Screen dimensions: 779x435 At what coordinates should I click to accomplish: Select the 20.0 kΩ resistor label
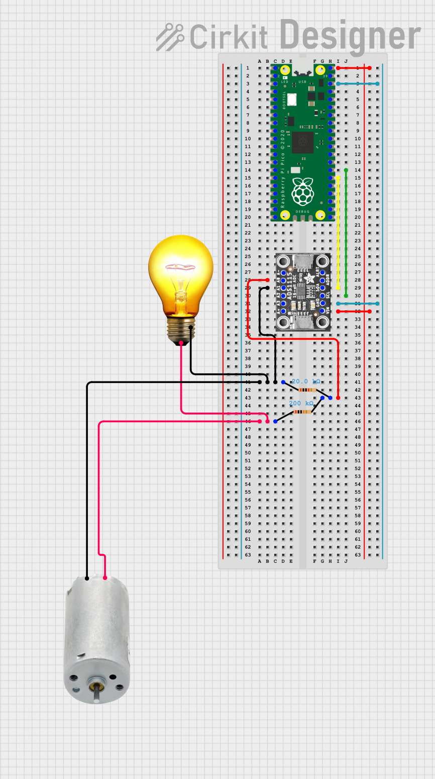[306, 382]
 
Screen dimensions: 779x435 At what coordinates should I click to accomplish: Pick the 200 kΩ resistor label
[301, 404]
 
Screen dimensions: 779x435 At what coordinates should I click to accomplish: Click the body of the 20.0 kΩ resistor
[307, 390]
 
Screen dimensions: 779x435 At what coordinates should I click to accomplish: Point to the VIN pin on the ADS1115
[322, 311]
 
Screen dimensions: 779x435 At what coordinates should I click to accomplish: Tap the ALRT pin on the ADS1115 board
[322, 272]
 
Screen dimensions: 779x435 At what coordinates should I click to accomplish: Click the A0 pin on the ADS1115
[283, 280]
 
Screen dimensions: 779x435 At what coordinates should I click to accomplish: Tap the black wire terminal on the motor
[87, 578]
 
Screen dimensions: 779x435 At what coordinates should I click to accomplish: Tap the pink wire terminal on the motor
[105, 578]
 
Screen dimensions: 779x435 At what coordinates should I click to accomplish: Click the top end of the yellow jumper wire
[338, 178]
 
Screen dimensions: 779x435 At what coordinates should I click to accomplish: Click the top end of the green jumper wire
[346, 170]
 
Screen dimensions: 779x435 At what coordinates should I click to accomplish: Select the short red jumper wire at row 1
[354, 68]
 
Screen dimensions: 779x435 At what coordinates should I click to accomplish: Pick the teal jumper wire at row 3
[358, 83]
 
